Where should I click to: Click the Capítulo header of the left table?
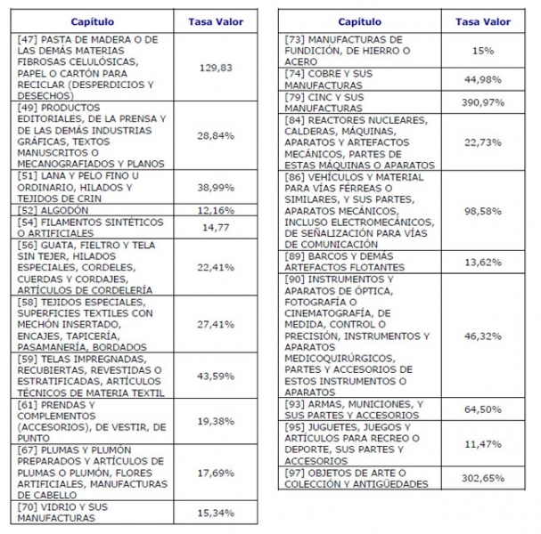pos(93,21)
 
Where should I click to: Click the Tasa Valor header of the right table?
pos(483,21)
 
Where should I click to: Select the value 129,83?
pos(216,68)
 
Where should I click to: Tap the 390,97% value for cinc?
pos(483,102)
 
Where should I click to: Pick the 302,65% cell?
pos(483,478)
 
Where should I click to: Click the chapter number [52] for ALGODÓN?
pos(28,210)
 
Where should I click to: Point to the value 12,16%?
pos(216,210)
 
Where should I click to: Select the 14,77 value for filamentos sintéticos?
pos(216,227)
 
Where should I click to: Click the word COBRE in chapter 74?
pos(324,74)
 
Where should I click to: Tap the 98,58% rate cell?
pos(483,211)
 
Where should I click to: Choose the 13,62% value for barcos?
pos(483,263)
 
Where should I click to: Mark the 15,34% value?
pos(216,513)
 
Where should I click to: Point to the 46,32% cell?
pos(483,336)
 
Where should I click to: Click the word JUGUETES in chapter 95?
pos(332,427)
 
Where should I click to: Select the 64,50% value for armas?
pos(483,409)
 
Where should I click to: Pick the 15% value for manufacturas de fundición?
pos(483,51)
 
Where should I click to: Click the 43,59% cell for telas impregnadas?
pos(216,376)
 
